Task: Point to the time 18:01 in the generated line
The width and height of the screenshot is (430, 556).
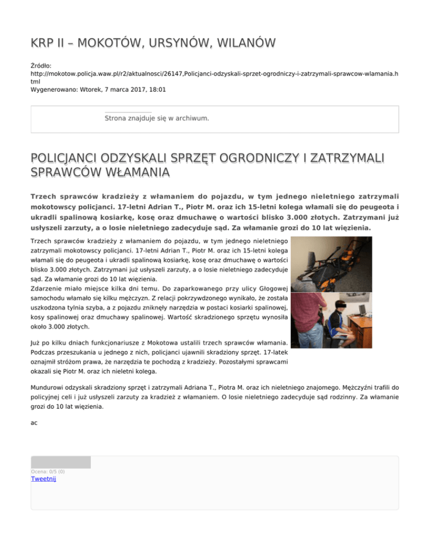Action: click(x=157, y=89)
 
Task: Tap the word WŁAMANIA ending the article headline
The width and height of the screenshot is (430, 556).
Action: click(x=129, y=172)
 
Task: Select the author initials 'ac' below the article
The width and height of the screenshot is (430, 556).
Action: click(x=34, y=423)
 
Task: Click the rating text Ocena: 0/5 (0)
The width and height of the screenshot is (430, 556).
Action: click(x=48, y=472)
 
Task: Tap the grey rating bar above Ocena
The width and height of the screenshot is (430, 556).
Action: click(x=60, y=462)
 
